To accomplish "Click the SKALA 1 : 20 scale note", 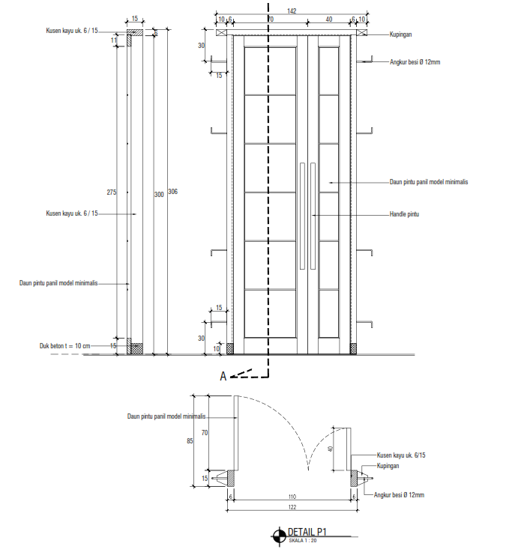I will pyautogui.click(x=304, y=540).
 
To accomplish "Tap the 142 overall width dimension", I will pyautogui.click(x=292, y=11).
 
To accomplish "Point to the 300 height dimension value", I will pyautogui.click(x=158, y=195).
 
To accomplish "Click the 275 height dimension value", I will pyautogui.click(x=112, y=192).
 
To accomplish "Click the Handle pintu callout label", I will pyautogui.click(x=404, y=214).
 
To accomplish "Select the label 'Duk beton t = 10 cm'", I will pyautogui.click(x=64, y=346).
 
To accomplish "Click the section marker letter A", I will pyautogui.click(x=223, y=377).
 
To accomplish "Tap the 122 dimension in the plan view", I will pyautogui.click(x=291, y=507).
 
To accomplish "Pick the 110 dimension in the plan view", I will pyautogui.click(x=291, y=497).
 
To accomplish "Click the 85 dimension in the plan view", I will pyautogui.click(x=190, y=441).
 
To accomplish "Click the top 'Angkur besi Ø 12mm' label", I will pyautogui.click(x=415, y=62).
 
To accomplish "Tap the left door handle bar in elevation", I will pyautogui.click(x=301, y=215).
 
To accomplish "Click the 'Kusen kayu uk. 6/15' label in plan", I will pyautogui.click(x=401, y=455).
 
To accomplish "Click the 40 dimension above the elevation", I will pyautogui.click(x=329, y=19).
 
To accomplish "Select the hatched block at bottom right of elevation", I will pyautogui.click(x=353, y=348).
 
